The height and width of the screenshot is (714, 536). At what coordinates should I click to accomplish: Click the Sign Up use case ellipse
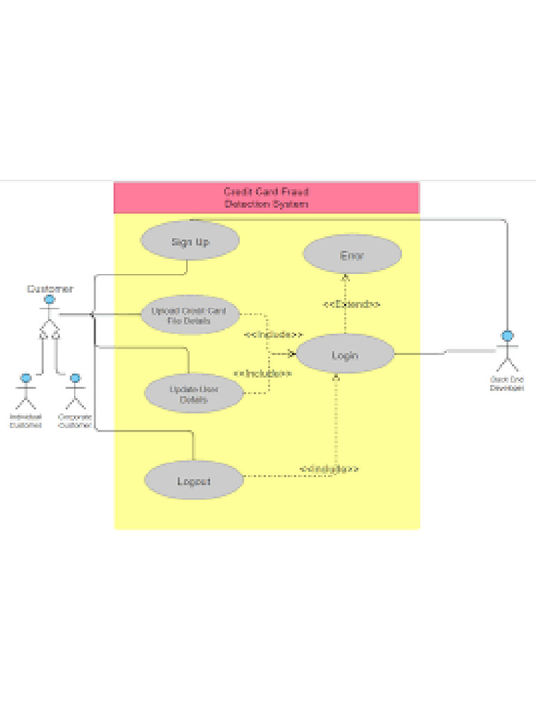point(190,241)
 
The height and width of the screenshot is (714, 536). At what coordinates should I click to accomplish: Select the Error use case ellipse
point(352,255)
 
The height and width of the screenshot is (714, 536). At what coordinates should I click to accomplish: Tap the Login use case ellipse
point(345,355)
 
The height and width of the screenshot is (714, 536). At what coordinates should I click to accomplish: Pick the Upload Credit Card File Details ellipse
point(188,316)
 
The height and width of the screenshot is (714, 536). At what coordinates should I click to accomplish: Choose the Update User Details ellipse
point(193,394)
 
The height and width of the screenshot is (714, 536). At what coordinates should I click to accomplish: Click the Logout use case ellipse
point(193,481)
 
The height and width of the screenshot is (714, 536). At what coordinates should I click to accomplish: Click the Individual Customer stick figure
point(26,393)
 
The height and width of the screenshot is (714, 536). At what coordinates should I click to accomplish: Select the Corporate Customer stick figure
point(75,393)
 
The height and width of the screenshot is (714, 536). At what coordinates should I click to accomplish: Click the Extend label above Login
point(351,305)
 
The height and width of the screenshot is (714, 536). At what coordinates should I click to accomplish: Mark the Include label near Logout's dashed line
point(329,469)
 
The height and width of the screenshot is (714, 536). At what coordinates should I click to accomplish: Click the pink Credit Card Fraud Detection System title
point(266,198)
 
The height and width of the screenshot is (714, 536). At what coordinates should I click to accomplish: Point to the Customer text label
point(50,289)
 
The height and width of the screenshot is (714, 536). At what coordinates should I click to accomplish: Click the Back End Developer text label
point(507,383)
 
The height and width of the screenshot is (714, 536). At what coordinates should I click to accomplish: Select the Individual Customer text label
point(25,420)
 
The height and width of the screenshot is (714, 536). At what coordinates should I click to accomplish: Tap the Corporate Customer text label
point(75,420)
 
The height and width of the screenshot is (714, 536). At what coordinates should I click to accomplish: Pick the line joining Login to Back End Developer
point(447,351)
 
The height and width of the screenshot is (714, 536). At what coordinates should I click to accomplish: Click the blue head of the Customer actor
point(50,300)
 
